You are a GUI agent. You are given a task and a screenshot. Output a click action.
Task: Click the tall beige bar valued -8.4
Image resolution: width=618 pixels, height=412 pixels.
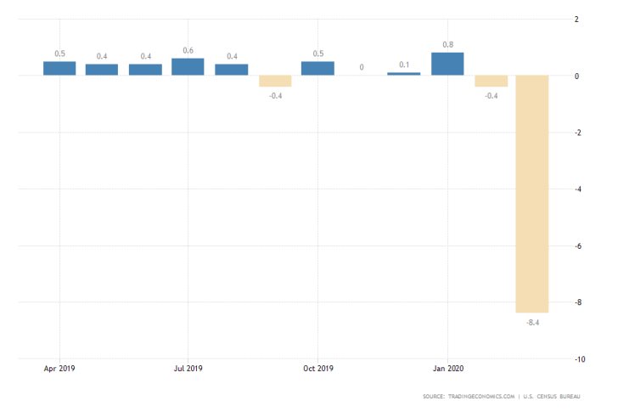pyautogui.click(x=533, y=194)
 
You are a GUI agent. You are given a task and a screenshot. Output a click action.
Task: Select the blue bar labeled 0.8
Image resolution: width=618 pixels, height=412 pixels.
pyautogui.click(x=447, y=65)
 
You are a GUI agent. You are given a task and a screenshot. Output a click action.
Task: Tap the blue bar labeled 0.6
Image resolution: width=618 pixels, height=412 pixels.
pyautogui.click(x=188, y=67)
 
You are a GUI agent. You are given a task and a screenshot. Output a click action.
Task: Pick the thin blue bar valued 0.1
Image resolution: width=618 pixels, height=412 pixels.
pyautogui.click(x=403, y=74)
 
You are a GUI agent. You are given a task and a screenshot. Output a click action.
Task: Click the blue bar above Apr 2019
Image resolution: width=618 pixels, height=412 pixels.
pyautogui.click(x=59, y=68)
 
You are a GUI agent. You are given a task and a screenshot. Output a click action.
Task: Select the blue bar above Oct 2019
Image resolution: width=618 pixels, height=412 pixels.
pyautogui.click(x=317, y=68)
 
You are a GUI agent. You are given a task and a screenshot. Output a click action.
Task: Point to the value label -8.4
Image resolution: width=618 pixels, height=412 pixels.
pyautogui.click(x=533, y=322)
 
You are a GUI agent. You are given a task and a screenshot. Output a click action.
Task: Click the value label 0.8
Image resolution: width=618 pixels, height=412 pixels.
pyautogui.click(x=447, y=44)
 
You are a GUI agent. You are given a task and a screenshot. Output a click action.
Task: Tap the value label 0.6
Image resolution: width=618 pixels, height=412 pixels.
pyautogui.click(x=188, y=50)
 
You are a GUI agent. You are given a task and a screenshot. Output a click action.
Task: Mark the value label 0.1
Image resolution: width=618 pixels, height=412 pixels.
pyautogui.click(x=404, y=65)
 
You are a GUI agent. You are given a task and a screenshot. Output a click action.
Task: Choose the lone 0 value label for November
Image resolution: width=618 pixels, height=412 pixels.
pyautogui.click(x=362, y=67)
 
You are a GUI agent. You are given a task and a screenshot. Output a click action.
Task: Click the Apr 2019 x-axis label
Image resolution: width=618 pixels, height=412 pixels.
pyautogui.click(x=59, y=369)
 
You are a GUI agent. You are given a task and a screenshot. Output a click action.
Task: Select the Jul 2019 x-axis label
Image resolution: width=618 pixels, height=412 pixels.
pyautogui.click(x=188, y=369)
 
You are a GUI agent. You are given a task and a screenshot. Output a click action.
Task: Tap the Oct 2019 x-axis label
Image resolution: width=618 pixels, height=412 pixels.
pyautogui.click(x=317, y=369)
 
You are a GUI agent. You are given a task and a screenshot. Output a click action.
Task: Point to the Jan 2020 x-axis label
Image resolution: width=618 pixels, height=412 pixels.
pyautogui.click(x=447, y=369)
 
